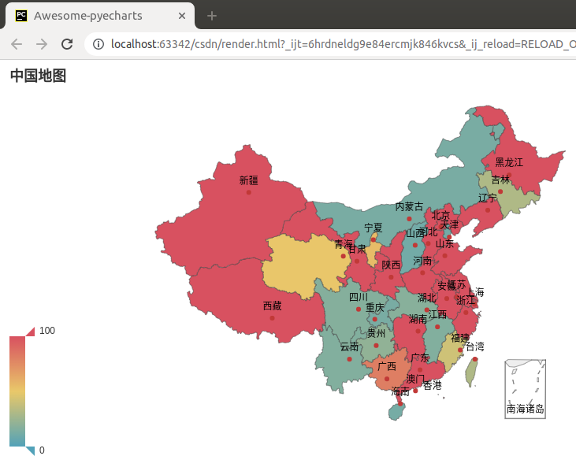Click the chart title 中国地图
point(38,76)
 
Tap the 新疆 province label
point(248,180)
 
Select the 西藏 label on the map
point(272,306)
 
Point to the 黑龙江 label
point(508,162)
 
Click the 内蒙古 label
point(409,206)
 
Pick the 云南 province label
point(349,347)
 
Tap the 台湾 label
point(474,347)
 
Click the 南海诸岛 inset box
point(526,388)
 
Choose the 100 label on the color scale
point(47,331)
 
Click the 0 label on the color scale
point(42,450)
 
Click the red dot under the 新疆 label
point(248,192)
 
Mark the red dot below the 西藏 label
point(272,317)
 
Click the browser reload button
point(67,44)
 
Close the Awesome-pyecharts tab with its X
point(182,16)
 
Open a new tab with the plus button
point(211,16)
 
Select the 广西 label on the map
point(387,366)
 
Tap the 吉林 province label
point(500,180)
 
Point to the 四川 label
point(358,297)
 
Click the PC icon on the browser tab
point(21,16)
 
